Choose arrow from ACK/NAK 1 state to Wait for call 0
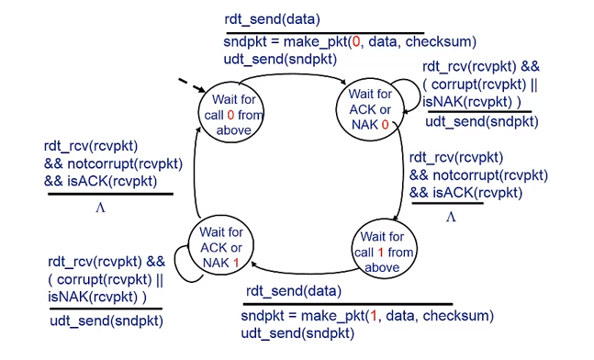point(199,179)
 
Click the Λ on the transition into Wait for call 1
point(451,217)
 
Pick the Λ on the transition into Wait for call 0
point(101,208)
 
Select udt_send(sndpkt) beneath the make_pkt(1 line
point(297,332)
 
